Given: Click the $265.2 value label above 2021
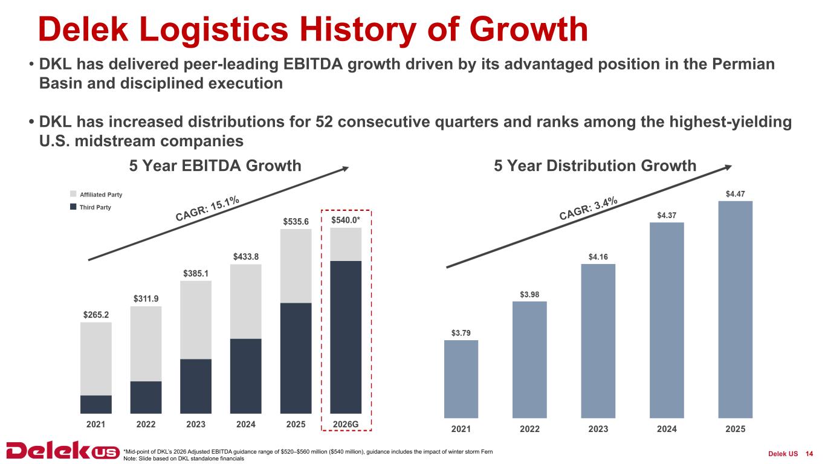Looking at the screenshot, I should click(95, 315).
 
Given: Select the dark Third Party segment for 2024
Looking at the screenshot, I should click(246, 376).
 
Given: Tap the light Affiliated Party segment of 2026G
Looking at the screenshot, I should click(346, 244).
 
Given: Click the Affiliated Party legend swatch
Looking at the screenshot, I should click(74, 195).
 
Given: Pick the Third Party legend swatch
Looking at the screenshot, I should click(74, 207).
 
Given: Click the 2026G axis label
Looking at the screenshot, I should click(346, 424).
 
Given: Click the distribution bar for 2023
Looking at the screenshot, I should click(598, 341).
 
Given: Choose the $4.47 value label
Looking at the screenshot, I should click(735, 194).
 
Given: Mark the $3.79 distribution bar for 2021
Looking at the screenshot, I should click(461, 379).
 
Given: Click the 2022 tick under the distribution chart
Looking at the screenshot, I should click(529, 429).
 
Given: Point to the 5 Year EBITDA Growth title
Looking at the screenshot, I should click(215, 166).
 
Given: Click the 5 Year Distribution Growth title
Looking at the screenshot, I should click(595, 166).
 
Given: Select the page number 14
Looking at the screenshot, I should click(809, 454).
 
